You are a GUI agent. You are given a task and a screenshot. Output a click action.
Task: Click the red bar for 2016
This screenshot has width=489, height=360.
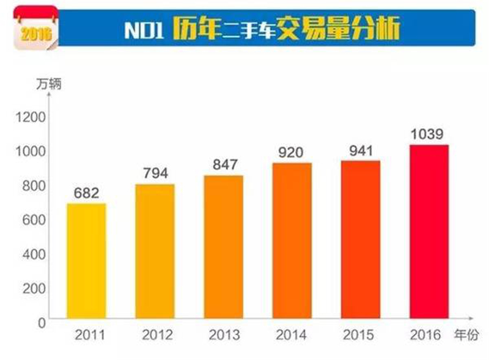point(428,232)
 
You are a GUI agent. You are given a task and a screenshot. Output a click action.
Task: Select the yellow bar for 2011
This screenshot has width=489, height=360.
point(86,261)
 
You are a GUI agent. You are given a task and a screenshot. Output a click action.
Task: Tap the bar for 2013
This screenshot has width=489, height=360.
point(223,247)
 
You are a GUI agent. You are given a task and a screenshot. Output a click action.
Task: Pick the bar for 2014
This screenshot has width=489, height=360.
point(292,241)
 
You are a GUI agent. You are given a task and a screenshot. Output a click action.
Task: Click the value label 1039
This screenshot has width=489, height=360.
point(428,134)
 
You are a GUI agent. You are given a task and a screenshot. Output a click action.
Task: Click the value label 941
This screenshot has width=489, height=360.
point(360,150)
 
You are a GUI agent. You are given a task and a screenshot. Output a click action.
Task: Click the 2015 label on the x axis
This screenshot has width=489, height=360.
point(360,336)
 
